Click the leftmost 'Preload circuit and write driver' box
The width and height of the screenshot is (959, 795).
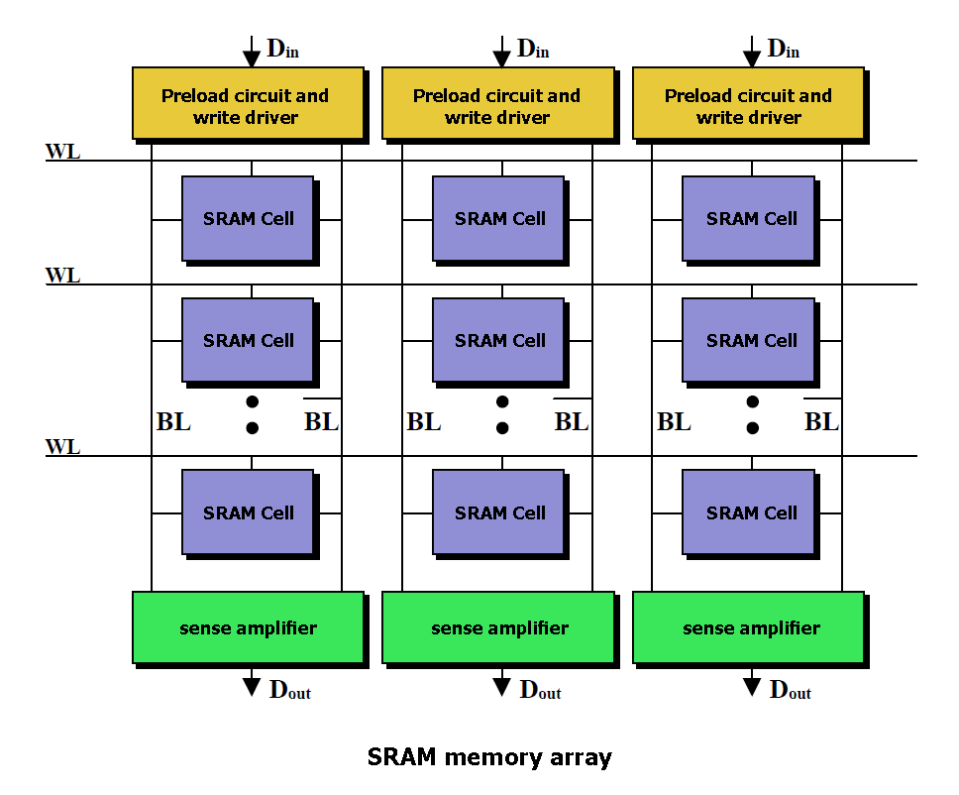click(x=249, y=103)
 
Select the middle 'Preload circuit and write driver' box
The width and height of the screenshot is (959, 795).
click(x=498, y=103)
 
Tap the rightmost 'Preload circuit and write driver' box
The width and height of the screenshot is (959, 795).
click(x=749, y=103)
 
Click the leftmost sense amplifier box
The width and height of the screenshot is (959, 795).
click(x=249, y=627)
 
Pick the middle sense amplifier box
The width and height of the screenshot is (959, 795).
click(x=498, y=627)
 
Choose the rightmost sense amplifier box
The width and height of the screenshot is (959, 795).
click(x=749, y=627)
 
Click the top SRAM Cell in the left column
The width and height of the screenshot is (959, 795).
click(x=248, y=218)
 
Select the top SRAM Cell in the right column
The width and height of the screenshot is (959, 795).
click(x=748, y=218)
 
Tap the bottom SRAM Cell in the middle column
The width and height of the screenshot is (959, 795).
click(x=498, y=512)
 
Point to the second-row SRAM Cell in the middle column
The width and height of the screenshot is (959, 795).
click(x=498, y=340)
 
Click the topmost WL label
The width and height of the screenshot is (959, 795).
click(x=63, y=151)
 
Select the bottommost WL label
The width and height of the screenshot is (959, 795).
click(x=63, y=447)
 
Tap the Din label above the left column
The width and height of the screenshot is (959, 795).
click(x=282, y=49)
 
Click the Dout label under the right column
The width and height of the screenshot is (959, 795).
click(x=791, y=690)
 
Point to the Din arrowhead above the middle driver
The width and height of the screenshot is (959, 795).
click(x=501, y=59)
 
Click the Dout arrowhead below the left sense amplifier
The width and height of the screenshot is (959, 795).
click(x=252, y=687)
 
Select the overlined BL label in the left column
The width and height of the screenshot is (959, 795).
click(x=322, y=418)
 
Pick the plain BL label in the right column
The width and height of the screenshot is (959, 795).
click(x=674, y=421)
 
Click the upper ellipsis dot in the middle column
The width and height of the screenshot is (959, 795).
click(x=502, y=401)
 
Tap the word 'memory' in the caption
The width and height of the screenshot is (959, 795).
click(x=493, y=757)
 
